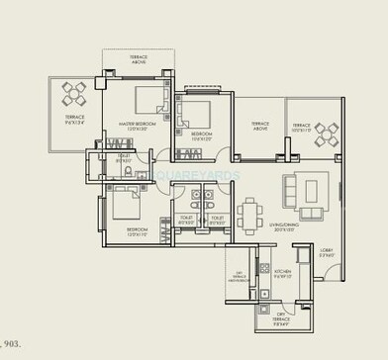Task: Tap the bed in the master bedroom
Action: point(148,99)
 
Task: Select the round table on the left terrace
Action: point(74,95)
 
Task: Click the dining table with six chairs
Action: point(251,213)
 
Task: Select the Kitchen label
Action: point(282,273)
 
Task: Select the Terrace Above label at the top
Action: point(140,59)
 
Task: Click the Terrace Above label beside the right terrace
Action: point(260,128)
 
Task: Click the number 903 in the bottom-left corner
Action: point(11,343)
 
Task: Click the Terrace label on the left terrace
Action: point(74,120)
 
